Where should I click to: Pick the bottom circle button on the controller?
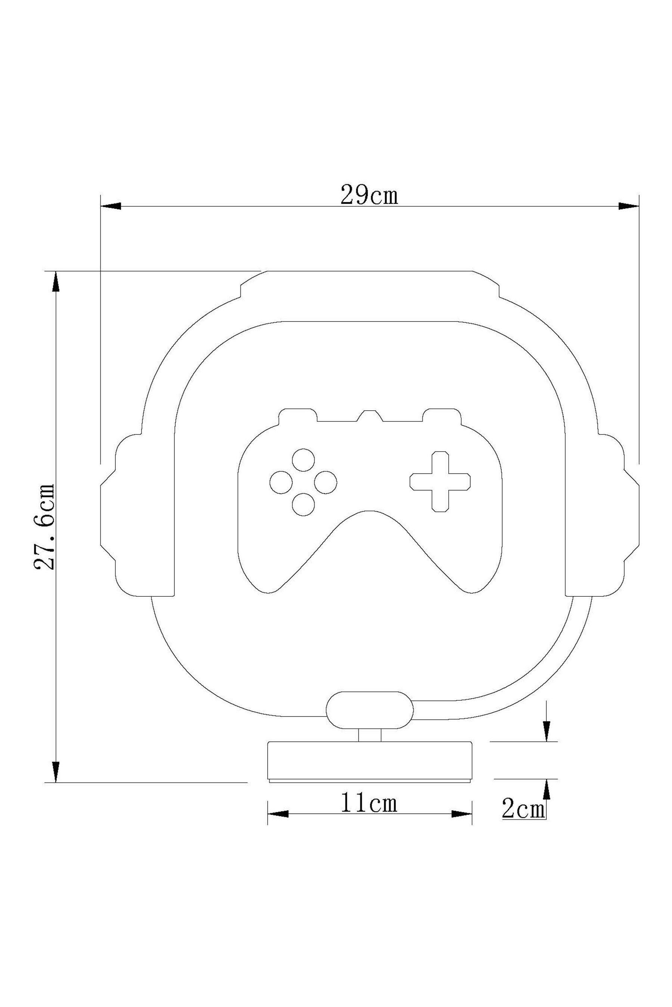303,504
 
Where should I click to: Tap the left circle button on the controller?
281,482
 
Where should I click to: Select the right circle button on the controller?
325,482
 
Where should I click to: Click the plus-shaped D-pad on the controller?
440,481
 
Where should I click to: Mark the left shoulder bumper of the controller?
298,414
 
